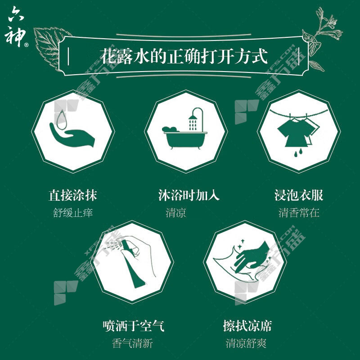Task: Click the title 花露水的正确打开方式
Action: (x=184, y=56)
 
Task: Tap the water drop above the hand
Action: (x=62, y=120)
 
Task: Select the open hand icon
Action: (x=72, y=135)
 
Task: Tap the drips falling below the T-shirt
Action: (x=298, y=153)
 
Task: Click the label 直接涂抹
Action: (x=73, y=195)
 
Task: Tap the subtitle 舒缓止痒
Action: (x=73, y=212)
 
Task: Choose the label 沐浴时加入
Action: (x=189, y=195)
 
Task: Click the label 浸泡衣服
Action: (x=299, y=195)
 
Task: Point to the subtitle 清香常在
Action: (x=299, y=212)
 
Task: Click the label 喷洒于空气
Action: (x=133, y=325)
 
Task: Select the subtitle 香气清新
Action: (x=132, y=343)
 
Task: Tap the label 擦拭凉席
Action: (x=247, y=325)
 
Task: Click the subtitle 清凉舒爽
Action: (x=246, y=343)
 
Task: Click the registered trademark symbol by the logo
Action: (x=26, y=45)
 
